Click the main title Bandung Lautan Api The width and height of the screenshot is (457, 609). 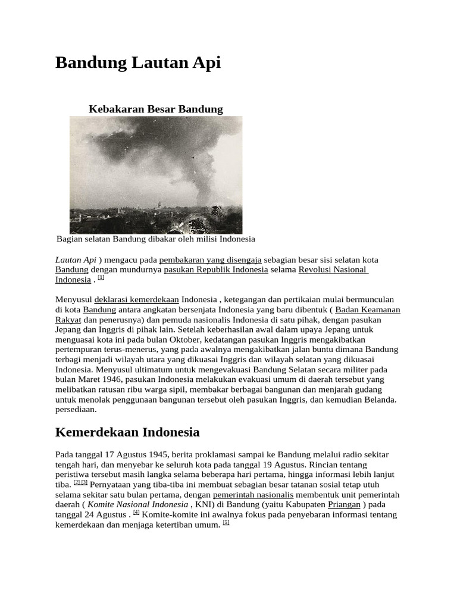[138, 62]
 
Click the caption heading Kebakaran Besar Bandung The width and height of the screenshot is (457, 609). [155, 109]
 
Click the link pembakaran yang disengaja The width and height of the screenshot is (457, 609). [210, 260]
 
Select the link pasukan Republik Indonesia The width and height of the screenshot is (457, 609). [215, 270]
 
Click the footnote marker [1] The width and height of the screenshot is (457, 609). [101, 278]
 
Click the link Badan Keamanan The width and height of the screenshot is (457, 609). [368, 310]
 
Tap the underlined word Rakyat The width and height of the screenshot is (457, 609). [68, 320]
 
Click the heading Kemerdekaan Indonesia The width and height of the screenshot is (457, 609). [127, 432]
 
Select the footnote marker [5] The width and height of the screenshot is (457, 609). [226, 523]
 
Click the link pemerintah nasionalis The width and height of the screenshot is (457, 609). [253, 495]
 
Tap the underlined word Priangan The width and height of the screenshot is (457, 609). [344, 504]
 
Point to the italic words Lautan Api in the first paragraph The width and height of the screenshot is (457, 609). [76, 260]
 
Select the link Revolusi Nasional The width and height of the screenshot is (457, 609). [333, 270]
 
